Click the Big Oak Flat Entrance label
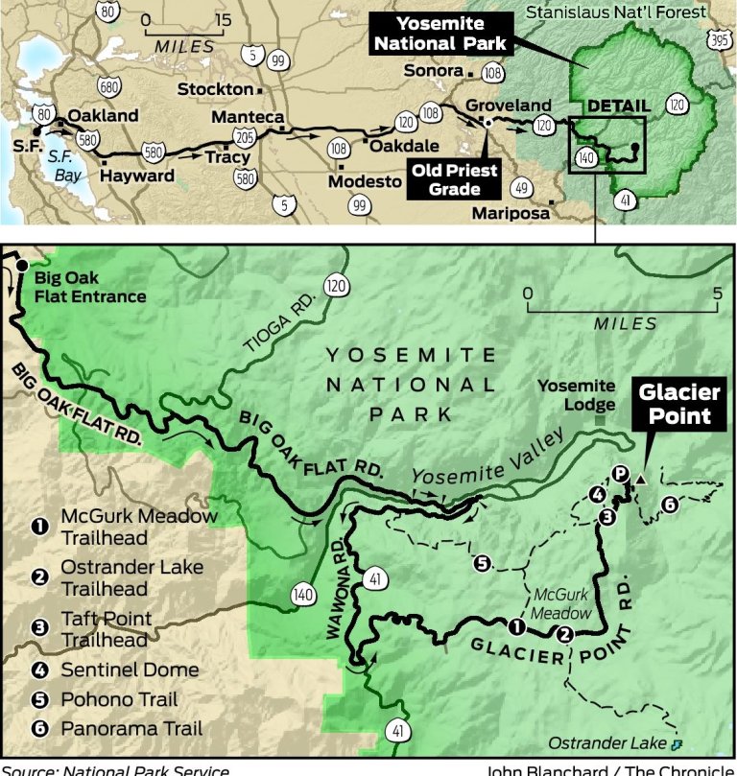(90, 287)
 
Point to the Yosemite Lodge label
(575, 393)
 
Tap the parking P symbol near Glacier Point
(621, 473)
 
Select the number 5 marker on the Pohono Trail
(483, 563)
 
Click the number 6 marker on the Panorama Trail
(669, 505)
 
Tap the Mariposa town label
(512, 211)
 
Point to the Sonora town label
(433, 71)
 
